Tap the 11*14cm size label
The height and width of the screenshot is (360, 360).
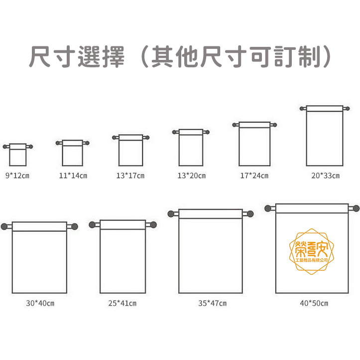pyautogui.click(x=73, y=176)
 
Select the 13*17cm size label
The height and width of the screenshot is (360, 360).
pyautogui.click(x=130, y=176)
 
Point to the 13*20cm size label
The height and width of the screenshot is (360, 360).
pyautogui.click(x=191, y=176)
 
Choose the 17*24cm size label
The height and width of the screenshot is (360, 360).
pyautogui.click(x=254, y=176)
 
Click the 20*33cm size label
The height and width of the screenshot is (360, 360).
pyautogui.click(x=325, y=176)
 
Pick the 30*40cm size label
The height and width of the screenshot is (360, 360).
pyautogui.click(x=40, y=303)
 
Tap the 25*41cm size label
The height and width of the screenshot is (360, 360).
pyautogui.click(x=122, y=303)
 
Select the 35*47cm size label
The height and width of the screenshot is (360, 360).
pyautogui.click(x=212, y=303)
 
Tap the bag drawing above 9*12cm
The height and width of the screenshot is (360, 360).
pyautogui.click(x=18, y=155)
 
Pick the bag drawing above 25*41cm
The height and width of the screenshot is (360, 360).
pyautogui.click(x=122, y=257)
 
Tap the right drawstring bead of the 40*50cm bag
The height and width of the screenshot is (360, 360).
pyautogui.click(x=355, y=208)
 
